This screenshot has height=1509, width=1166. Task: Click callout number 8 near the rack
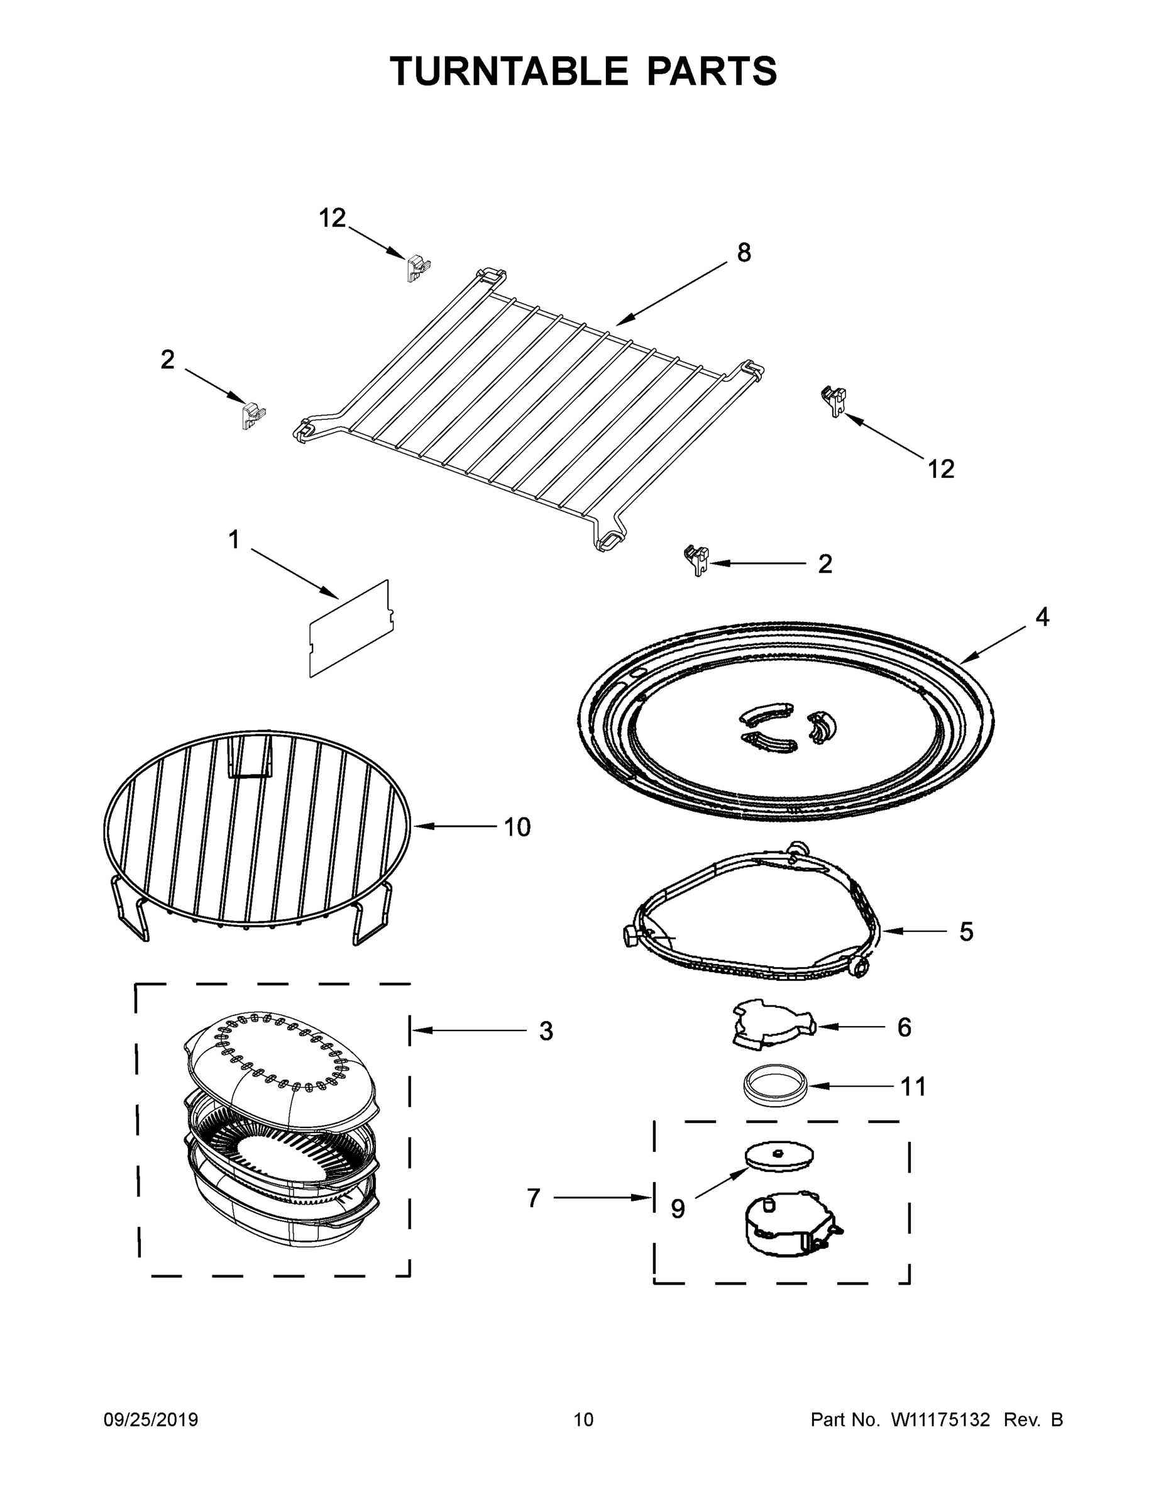(x=743, y=253)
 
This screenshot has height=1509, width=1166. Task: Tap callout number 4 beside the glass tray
(x=1042, y=617)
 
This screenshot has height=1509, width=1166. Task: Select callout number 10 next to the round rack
(x=517, y=826)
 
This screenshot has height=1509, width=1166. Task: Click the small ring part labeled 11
(x=775, y=1085)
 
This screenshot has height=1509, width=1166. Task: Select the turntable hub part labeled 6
(x=772, y=1027)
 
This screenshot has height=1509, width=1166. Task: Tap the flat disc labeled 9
(x=778, y=1155)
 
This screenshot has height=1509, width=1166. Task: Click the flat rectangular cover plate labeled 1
(x=351, y=628)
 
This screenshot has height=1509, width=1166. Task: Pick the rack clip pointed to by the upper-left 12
(x=417, y=268)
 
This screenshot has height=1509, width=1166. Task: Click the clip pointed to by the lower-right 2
(x=697, y=559)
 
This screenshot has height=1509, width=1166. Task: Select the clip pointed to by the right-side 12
(x=835, y=400)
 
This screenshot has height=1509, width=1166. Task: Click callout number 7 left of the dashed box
(x=533, y=1198)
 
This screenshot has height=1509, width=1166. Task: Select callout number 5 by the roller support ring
(x=965, y=931)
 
